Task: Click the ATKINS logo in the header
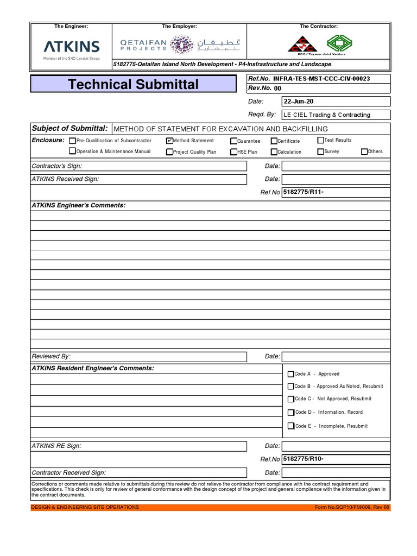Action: pyautogui.click(x=71, y=46)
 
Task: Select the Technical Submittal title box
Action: pyautogui.click(x=134, y=84)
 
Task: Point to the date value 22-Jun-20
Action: pyautogui.click(x=299, y=102)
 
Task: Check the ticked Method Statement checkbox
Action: pyautogui.click(x=169, y=141)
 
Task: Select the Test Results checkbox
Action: pyautogui.click(x=320, y=140)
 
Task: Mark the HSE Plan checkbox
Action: pyautogui.click(x=233, y=152)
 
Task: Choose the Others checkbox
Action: pyautogui.click(x=364, y=151)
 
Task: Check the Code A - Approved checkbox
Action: pyautogui.click(x=291, y=374)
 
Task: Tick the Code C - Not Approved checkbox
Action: pyautogui.click(x=291, y=399)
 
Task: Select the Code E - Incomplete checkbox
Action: pyautogui.click(x=291, y=426)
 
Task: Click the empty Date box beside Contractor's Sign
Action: pyautogui.click(x=336, y=166)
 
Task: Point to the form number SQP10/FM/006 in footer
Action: pyautogui.click(x=352, y=507)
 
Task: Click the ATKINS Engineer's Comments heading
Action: pyautogui.click(x=78, y=205)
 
